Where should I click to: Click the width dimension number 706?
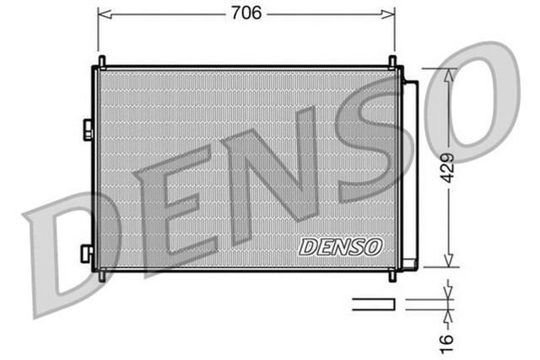[x=246, y=13]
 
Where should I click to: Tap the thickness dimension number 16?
[x=448, y=337]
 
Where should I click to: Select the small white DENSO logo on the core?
[x=341, y=245]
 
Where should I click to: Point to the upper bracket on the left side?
[x=87, y=128]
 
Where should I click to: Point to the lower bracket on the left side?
[x=87, y=252]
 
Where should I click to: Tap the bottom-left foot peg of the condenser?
[x=101, y=276]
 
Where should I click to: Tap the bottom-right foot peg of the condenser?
[x=393, y=276]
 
